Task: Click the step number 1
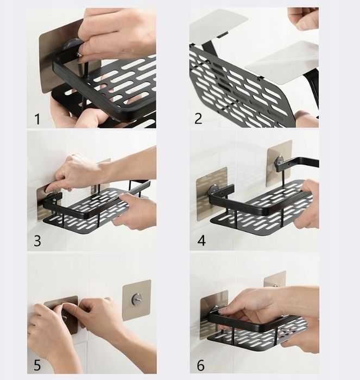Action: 37,119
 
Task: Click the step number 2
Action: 198,119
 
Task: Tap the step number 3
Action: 37,241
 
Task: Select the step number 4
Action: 201,241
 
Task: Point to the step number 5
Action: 37,365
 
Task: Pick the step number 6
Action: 200,365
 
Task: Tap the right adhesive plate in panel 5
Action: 137,300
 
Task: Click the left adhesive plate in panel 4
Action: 212,194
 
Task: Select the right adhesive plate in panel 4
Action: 279,163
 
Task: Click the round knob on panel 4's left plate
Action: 212,189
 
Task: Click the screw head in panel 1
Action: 79,55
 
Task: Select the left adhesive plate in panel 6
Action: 214,314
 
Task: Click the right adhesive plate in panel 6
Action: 275,279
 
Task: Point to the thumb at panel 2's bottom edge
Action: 306,119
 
